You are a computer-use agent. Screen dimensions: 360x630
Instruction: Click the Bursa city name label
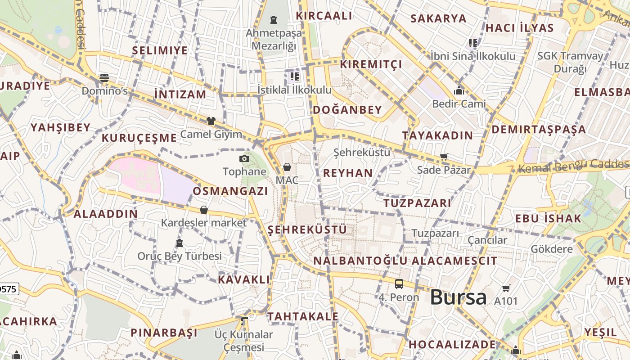point(458,297)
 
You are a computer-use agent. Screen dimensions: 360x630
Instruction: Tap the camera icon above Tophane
point(244,158)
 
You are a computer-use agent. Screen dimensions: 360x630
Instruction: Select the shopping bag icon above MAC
point(287,167)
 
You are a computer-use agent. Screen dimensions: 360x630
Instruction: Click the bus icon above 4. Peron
point(399,284)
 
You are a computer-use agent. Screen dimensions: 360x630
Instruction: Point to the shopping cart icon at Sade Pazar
point(444,157)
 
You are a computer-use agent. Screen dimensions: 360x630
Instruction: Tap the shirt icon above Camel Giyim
point(211,121)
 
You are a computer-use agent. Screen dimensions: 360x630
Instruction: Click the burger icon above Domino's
point(104,78)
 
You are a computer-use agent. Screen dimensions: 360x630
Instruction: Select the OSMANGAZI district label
point(230,191)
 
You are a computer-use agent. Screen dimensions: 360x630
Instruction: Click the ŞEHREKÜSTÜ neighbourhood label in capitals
point(307,230)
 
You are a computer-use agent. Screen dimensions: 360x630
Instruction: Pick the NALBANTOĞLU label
point(360,261)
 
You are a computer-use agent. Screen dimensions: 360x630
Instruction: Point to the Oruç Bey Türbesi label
point(180,256)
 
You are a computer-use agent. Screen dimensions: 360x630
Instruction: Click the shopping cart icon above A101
point(506,288)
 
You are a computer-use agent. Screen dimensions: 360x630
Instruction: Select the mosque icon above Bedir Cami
point(459,91)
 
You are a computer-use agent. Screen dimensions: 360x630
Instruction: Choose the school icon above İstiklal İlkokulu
point(295,76)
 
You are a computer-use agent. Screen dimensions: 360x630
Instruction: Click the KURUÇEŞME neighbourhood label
point(139,138)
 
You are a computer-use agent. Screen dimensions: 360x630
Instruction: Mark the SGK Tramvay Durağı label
point(570,62)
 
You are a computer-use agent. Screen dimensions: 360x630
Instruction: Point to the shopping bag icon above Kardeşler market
point(204,210)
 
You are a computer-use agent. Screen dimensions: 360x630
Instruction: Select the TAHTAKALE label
point(303,316)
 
